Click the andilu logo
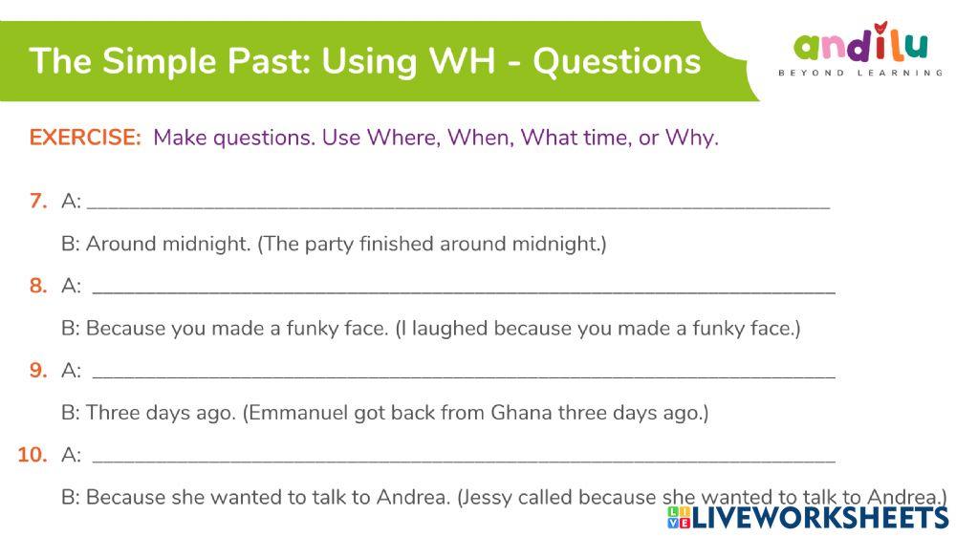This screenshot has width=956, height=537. [x=860, y=48]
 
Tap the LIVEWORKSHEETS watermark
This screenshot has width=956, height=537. [x=808, y=517]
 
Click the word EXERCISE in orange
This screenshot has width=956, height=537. [x=85, y=138]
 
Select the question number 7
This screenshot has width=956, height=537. [x=38, y=202]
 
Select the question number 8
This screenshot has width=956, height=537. [x=38, y=286]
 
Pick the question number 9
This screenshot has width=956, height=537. [x=38, y=371]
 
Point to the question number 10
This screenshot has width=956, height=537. [x=33, y=455]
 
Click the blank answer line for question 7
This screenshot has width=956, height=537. [x=459, y=204]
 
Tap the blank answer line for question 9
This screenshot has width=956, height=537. [x=464, y=373]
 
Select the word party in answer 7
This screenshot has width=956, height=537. [x=329, y=245]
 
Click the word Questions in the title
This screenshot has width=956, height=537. [x=617, y=61]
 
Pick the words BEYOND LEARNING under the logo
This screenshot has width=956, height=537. [x=860, y=74]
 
